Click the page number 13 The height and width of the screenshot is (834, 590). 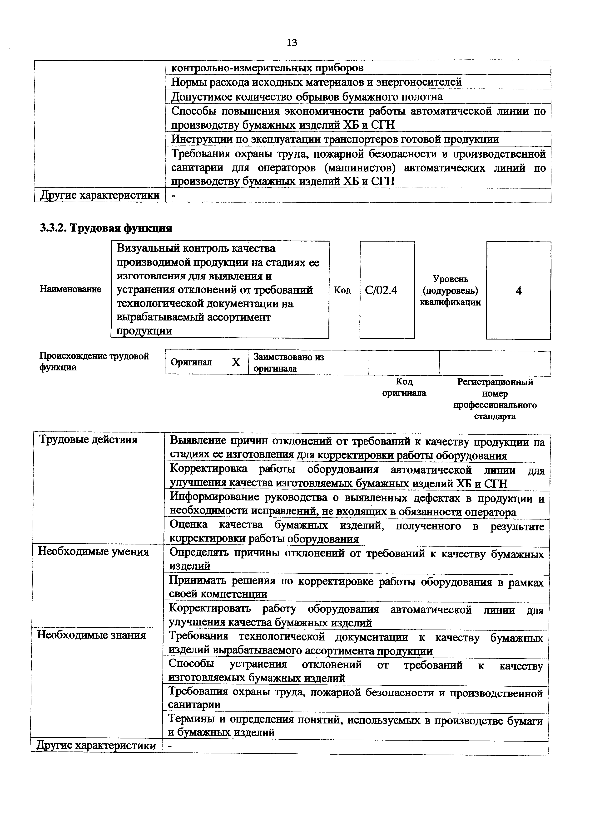point(292,43)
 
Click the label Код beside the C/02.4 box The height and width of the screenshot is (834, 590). point(342,290)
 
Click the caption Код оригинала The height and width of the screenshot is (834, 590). point(404,387)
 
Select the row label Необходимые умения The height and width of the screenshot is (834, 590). point(94,552)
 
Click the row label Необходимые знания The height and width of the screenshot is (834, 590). point(92,635)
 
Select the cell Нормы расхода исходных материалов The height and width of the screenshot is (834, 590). point(316,82)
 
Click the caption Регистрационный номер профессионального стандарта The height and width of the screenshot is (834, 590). point(495,399)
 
